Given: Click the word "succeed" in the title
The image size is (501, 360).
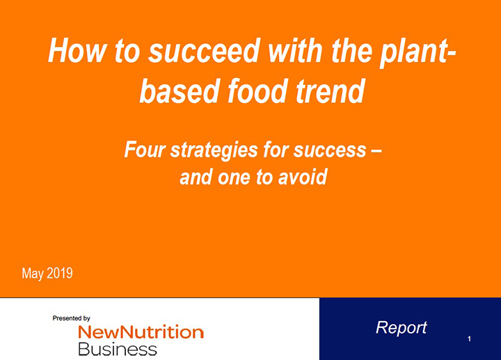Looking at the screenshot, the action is coord(204,51).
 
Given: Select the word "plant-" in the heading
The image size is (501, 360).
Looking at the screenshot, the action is coord(417,53).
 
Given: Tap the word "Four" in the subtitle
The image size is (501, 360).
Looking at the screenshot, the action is coord(144,150).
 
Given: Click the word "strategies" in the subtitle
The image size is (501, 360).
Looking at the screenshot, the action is coord(214,150).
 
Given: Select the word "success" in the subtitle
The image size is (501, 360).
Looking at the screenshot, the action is coord(330,150).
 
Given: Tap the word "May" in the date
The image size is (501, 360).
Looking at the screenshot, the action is coord(33,274).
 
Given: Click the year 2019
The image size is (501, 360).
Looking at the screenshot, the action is coord(60,273).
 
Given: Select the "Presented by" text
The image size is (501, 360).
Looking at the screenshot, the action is coord(71,318).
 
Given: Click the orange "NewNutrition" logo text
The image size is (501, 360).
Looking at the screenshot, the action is coord(141,332).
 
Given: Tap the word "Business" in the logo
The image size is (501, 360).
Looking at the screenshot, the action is coord(118,349).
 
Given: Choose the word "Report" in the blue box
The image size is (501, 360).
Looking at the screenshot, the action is coord(401,328).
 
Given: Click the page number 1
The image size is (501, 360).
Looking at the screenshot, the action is coord(469,338).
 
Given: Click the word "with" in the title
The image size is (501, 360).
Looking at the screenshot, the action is coord(295,51).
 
